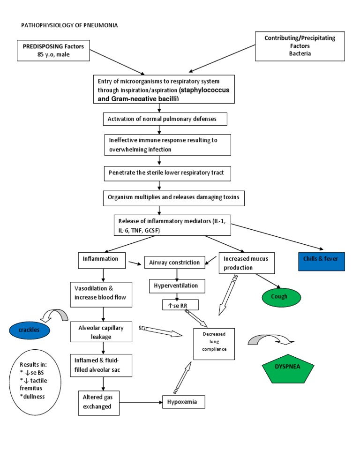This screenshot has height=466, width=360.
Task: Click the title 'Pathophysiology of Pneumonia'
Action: coord(69,25)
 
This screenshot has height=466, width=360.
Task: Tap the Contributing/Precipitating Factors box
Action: coord(300,46)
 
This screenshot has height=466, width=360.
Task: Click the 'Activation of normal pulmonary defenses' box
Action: coord(165,119)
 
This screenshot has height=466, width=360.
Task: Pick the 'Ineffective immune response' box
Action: coord(167,144)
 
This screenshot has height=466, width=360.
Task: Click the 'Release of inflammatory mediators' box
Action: coord(172,225)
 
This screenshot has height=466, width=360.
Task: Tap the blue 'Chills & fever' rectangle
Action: coord(322,261)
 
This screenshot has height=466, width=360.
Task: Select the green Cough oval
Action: coord(279,297)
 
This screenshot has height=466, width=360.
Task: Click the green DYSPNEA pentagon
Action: coord(288,367)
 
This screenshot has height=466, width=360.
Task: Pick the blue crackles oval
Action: coord(29,331)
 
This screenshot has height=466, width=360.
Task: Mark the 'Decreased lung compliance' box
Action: coord(214,343)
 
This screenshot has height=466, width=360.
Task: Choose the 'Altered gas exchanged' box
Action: coord(98,402)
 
